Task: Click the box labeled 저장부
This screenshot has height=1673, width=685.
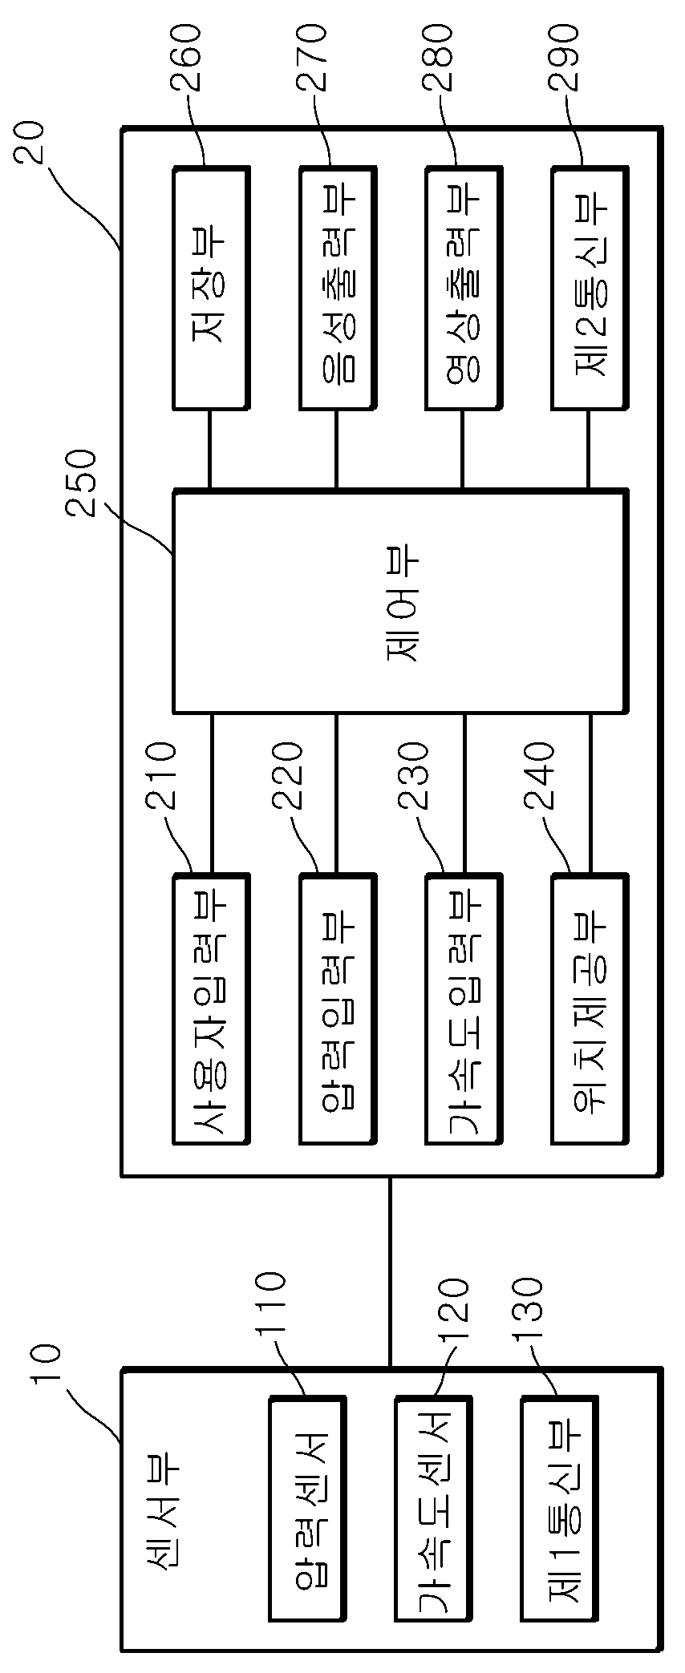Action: [210, 288]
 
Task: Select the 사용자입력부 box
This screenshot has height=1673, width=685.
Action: [210, 1008]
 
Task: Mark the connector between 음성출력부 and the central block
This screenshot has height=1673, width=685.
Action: [336, 449]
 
